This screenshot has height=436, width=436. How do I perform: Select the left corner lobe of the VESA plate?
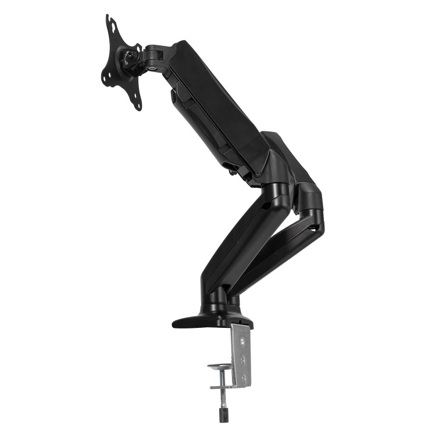[105, 77]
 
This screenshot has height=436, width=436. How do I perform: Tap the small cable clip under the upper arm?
[233, 171]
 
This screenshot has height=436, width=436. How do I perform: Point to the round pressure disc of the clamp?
[221, 367]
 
